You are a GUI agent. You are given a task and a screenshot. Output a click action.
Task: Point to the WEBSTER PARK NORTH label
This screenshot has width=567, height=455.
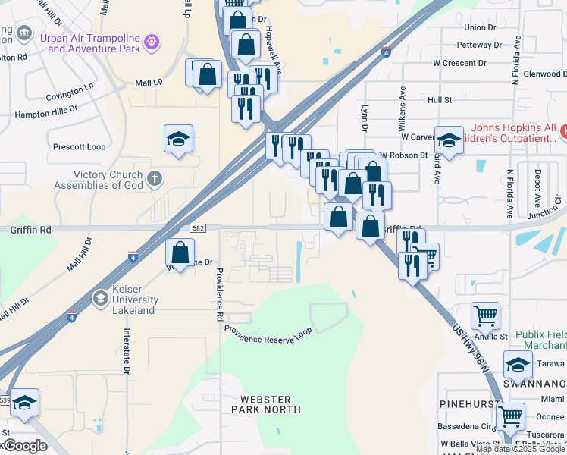coord(270,404)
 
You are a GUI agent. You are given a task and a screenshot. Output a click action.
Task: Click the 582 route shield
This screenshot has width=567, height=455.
coord(196,228)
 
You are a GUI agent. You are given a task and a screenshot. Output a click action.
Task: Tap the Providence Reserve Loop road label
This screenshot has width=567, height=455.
coord(268,334)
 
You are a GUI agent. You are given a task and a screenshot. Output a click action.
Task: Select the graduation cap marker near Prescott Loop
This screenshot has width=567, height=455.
coord(179,139)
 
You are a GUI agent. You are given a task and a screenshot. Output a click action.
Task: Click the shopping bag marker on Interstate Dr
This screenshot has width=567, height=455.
coord(180,252)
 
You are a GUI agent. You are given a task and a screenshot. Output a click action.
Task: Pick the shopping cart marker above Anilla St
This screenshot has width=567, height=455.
coord(485,314)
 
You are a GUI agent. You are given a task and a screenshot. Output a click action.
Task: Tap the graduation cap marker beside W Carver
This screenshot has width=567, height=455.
coord(449,140)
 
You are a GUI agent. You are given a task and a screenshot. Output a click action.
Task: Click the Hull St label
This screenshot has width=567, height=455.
coord(439,99)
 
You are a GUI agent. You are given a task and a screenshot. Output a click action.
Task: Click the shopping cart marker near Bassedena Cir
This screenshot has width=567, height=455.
coord(510,416)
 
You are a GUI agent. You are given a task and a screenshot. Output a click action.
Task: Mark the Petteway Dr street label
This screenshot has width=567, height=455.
coord(480,45)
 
